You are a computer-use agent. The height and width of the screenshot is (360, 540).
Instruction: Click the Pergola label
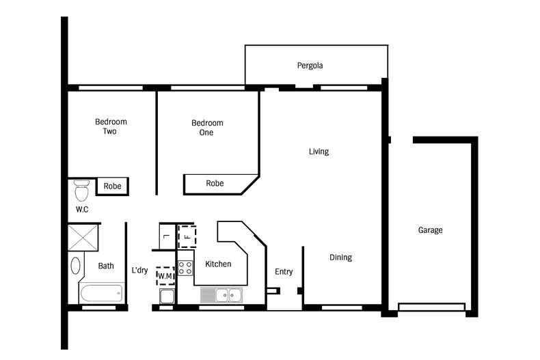310,66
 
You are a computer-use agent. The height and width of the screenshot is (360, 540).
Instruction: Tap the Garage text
430,230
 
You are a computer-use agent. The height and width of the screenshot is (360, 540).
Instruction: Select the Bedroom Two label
110,126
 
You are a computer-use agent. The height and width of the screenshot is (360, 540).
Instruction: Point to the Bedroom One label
206,128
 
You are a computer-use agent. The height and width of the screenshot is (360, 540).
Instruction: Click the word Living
319,152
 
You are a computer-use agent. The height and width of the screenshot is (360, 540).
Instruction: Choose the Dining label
340,258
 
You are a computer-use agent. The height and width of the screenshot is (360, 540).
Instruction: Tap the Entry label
284,272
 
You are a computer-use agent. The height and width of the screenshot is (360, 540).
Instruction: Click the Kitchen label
218,264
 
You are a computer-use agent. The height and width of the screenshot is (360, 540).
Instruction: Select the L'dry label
139,271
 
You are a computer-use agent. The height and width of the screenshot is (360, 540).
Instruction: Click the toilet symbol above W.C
82,187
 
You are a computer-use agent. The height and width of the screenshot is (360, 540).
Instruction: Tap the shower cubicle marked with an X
83,238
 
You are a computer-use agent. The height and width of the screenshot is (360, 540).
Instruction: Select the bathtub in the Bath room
101,294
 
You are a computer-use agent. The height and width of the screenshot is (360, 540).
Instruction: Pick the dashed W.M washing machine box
165,276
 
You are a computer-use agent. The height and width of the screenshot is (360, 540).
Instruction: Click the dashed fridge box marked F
187,236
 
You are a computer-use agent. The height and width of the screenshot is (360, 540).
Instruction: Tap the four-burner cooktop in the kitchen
185,267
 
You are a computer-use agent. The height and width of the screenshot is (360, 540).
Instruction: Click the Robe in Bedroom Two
113,186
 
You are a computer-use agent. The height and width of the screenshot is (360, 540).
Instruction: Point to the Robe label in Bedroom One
215,183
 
